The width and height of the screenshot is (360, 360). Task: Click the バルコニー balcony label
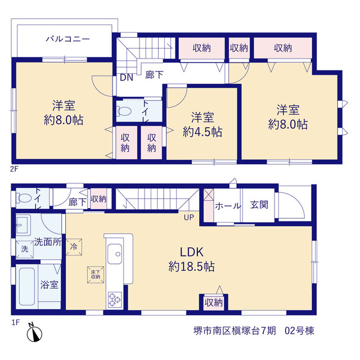[67, 39]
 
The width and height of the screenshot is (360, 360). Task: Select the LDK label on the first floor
[192, 252]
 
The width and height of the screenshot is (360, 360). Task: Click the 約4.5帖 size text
[202, 132]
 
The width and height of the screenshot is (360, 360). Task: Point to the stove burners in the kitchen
[115, 300]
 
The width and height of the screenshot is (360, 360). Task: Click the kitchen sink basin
[115, 254]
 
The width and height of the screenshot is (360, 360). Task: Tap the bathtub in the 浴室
[27, 286]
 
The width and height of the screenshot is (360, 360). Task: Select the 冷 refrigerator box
[74, 247]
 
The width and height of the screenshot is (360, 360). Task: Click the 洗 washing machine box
[25, 249]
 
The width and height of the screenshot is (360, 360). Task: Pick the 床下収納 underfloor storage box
[96, 274]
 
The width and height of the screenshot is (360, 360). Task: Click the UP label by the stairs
[189, 218]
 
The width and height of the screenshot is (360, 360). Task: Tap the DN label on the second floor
[127, 78]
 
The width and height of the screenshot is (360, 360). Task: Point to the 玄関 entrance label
[259, 205]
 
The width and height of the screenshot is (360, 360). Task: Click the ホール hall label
[228, 206]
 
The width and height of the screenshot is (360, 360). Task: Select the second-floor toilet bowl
[124, 111]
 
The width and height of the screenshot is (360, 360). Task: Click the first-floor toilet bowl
[24, 198]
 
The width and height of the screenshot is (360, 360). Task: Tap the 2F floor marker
[14, 169]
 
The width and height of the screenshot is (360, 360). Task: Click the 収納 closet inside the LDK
[214, 303]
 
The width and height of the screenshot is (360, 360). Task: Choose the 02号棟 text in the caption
[299, 331]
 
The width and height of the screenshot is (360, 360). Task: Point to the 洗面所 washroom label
[48, 242]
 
